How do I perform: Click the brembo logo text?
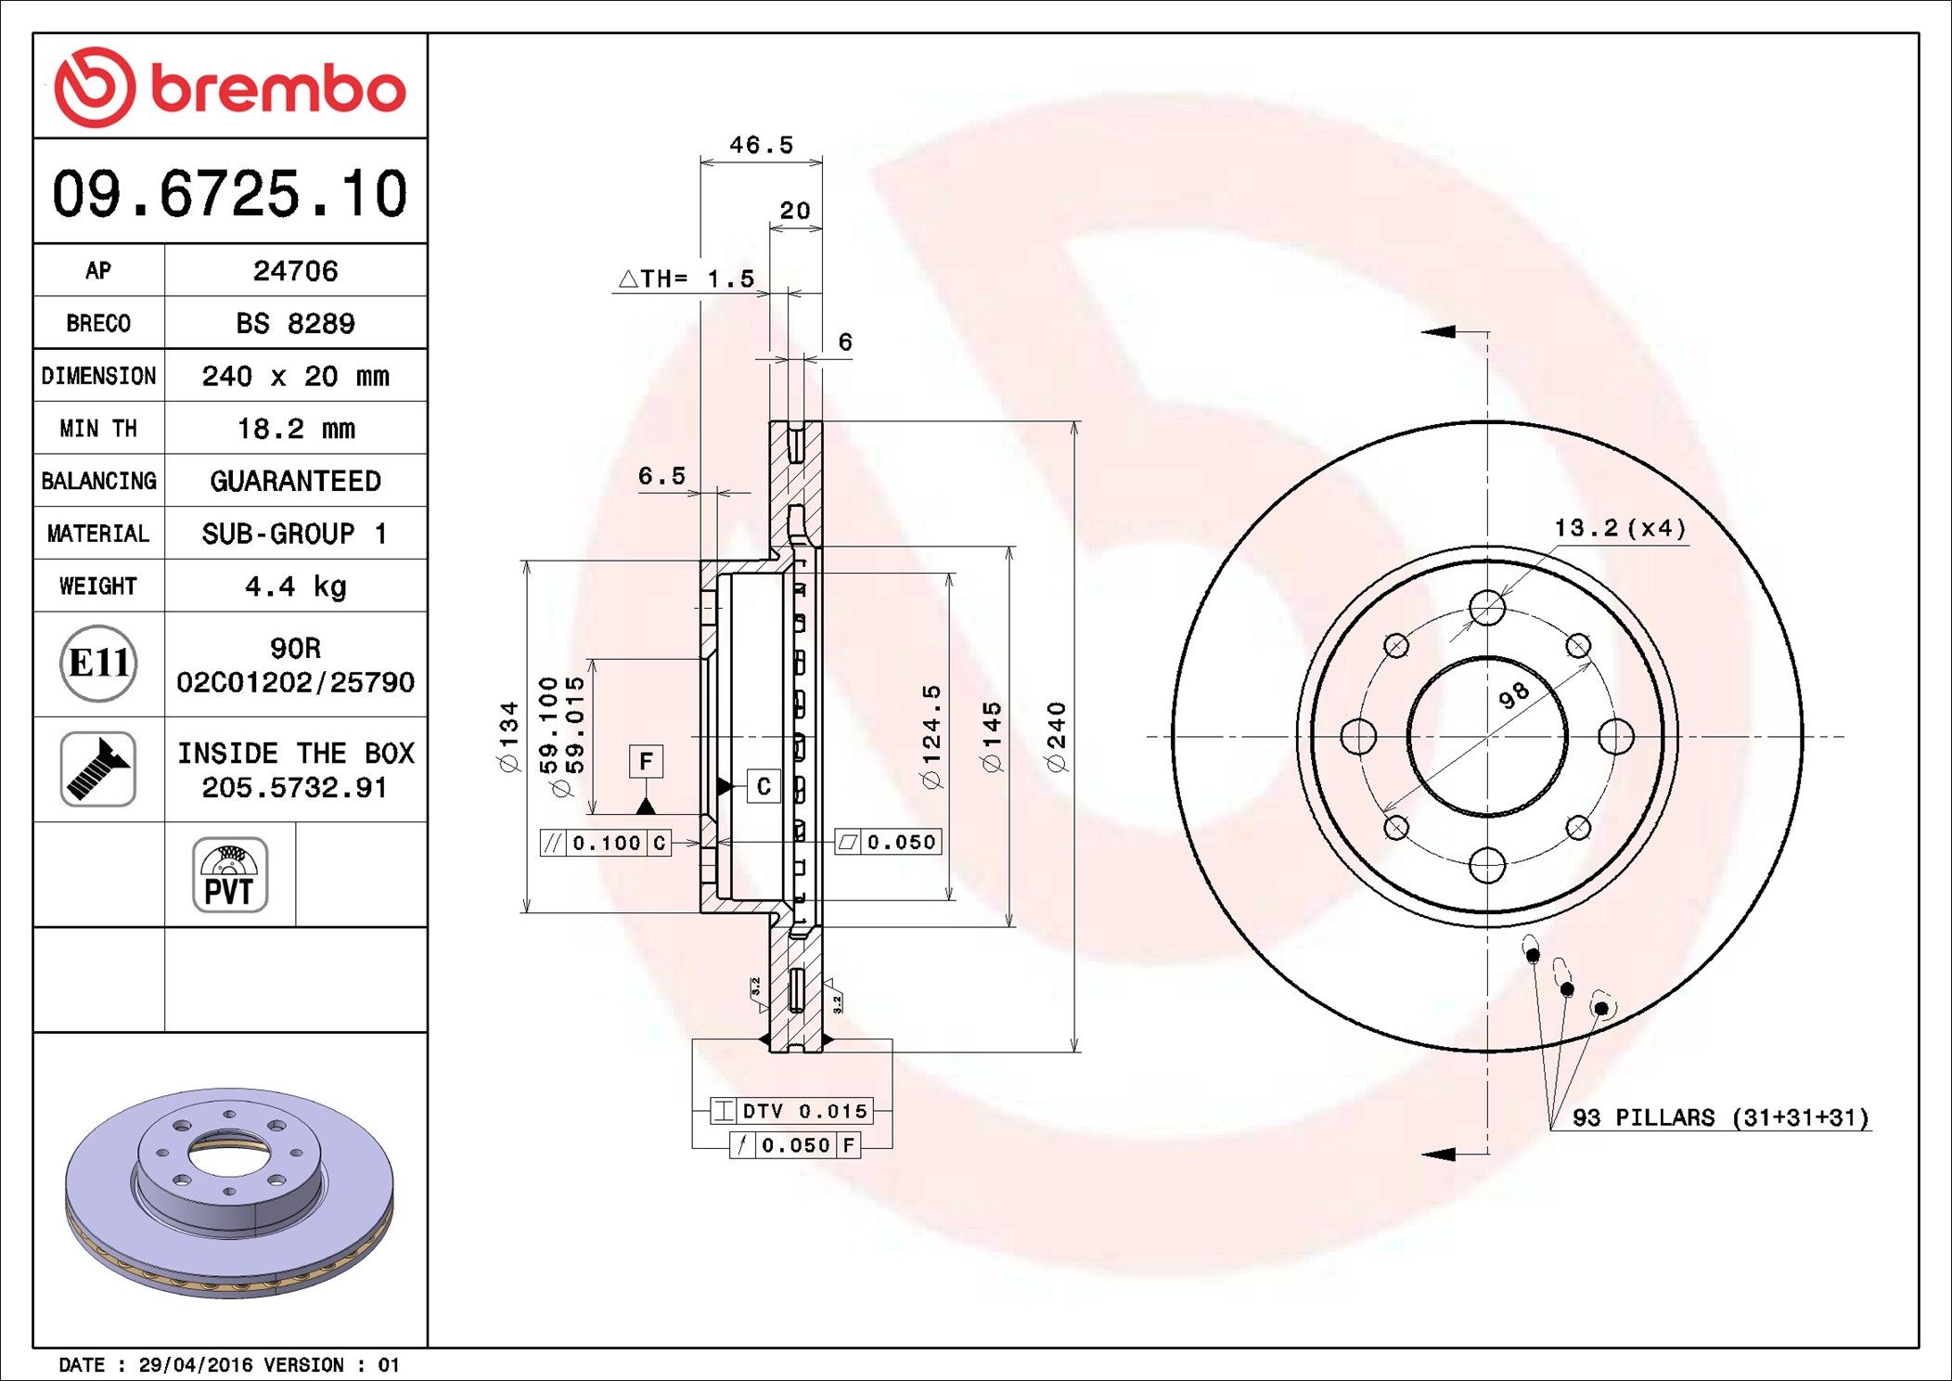pos(277,89)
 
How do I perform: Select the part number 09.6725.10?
pos(229,194)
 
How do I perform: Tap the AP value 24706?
pos(295,271)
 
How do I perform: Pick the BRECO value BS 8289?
pos(295,323)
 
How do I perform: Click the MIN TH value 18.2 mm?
pos(295,428)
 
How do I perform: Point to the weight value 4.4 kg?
pos(295,587)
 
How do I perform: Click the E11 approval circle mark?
pos(98,663)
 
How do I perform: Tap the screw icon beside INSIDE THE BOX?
pos(98,768)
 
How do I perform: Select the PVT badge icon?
pos(230,874)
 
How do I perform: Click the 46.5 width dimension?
pos(761,145)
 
